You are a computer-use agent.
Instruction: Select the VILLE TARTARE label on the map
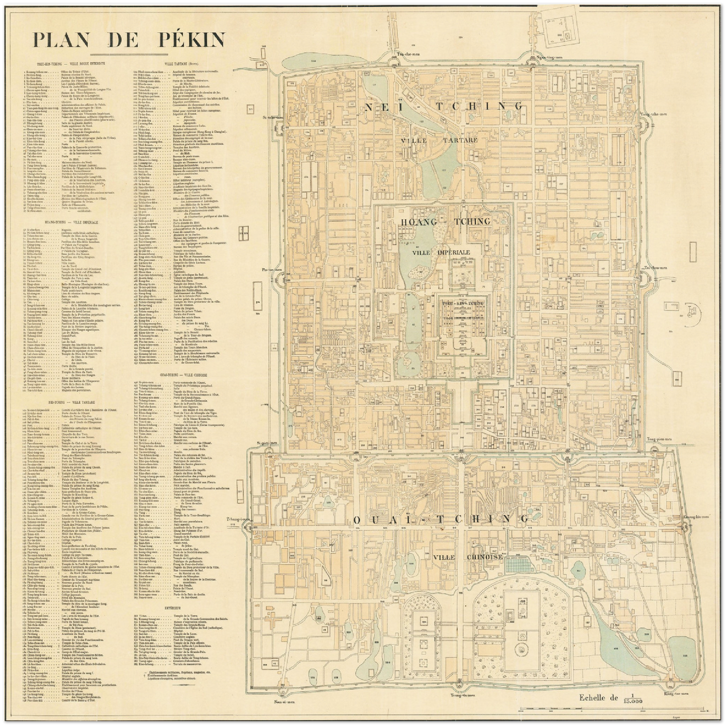click(439, 140)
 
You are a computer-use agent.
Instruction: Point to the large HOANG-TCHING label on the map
click(445, 222)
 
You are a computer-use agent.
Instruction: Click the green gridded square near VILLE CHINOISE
click(518, 564)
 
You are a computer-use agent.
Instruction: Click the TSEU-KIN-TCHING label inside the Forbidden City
click(463, 303)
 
